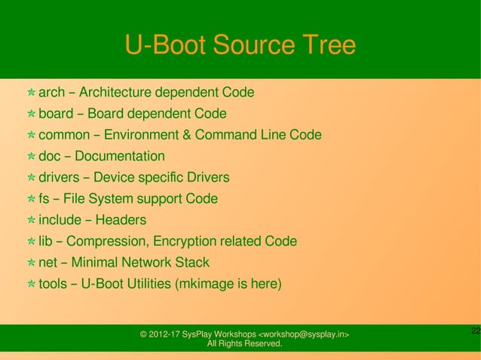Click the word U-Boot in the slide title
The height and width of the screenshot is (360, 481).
164,45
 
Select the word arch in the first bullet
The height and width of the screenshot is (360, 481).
51,93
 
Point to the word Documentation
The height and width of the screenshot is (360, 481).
119,157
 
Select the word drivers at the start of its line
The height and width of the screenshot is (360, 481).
58,178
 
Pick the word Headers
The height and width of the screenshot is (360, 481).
121,220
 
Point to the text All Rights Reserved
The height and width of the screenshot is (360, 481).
244,344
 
